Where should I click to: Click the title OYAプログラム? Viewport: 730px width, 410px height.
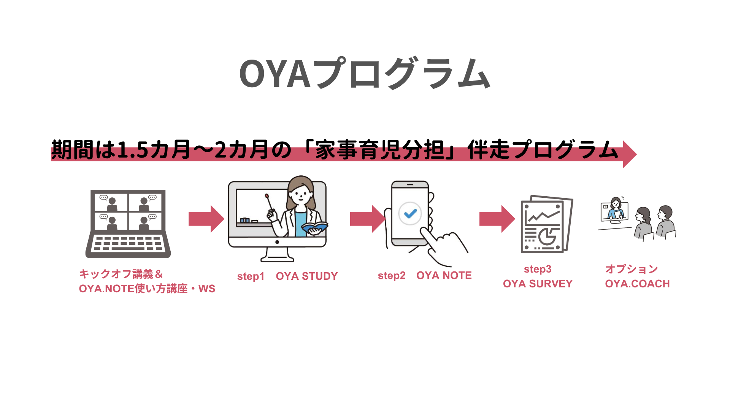(364, 74)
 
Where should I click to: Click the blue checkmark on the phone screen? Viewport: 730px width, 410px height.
(410, 214)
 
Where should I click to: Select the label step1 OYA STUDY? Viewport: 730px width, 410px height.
(287, 276)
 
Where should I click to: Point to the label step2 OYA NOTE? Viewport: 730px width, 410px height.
(425, 276)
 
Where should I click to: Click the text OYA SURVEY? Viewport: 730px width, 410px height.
(538, 284)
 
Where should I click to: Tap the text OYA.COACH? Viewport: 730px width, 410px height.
(637, 284)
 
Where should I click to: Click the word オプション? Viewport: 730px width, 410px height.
(632, 269)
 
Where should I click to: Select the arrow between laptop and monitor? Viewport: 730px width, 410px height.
(206, 219)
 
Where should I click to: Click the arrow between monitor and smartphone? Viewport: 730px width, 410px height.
(367, 219)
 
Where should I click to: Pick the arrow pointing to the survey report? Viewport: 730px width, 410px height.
(497, 219)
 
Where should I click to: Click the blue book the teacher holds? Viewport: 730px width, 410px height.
(314, 227)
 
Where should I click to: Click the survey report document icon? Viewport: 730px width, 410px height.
(546, 225)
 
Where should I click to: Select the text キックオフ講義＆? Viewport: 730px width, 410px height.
(121, 274)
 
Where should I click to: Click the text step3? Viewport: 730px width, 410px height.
(538, 269)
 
